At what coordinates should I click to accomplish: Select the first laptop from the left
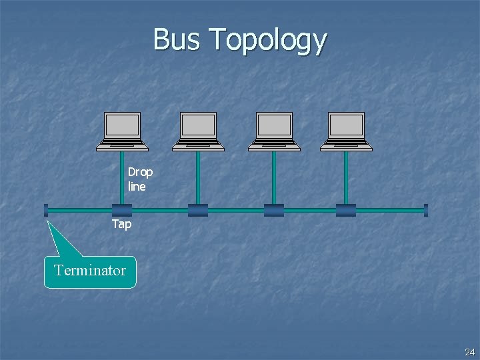pyautogui.click(x=123, y=131)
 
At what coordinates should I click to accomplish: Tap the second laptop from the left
pyautogui.click(x=199, y=131)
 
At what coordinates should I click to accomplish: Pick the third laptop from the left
pyautogui.click(x=275, y=131)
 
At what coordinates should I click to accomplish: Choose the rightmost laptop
pyautogui.click(x=347, y=131)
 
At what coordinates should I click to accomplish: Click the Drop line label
pyautogui.click(x=140, y=179)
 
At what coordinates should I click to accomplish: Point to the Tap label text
pyautogui.click(x=121, y=225)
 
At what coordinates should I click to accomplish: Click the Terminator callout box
pyautogui.click(x=90, y=271)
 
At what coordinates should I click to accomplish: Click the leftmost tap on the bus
pyautogui.click(x=122, y=211)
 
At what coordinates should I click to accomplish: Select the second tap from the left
pyautogui.click(x=198, y=211)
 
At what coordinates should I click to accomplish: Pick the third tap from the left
pyautogui.click(x=274, y=211)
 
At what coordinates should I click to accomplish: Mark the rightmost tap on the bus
pyautogui.click(x=346, y=211)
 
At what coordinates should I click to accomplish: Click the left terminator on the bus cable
pyautogui.click(x=46, y=210)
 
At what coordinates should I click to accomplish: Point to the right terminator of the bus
pyautogui.click(x=425, y=210)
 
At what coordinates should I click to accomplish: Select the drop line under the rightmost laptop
pyautogui.click(x=346, y=177)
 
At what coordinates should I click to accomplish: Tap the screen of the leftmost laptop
pyautogui.click(x=123, y=125)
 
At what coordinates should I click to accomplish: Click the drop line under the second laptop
pyautogui.click(x=198, y=177)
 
